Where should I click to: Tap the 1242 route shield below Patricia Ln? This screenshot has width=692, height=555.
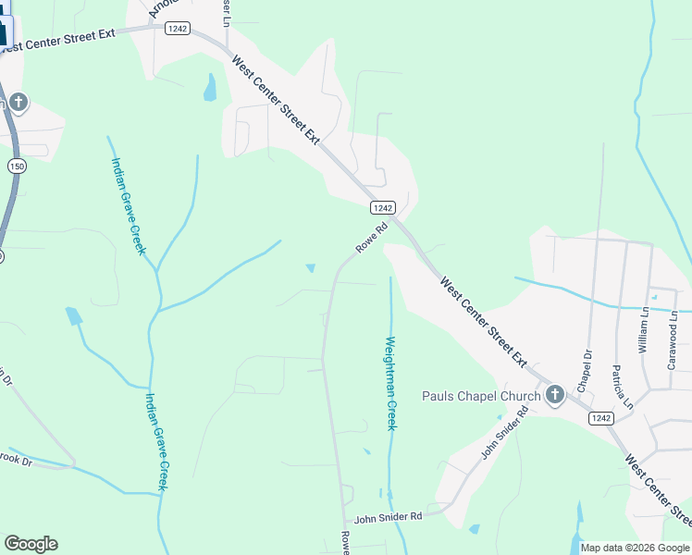point(599,418)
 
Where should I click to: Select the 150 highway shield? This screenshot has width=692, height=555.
point(16,166)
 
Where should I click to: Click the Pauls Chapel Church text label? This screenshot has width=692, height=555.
point(481,397)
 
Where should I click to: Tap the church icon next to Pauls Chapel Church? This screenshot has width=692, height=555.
point(554,396)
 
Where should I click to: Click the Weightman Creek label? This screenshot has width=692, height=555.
point(390,383)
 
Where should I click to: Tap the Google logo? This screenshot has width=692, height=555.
point(31,544)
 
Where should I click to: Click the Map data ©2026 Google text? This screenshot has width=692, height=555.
point(635,548)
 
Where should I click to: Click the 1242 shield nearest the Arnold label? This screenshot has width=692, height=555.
point(178,30)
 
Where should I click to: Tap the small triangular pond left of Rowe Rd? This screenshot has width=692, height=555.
point(310,268)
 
